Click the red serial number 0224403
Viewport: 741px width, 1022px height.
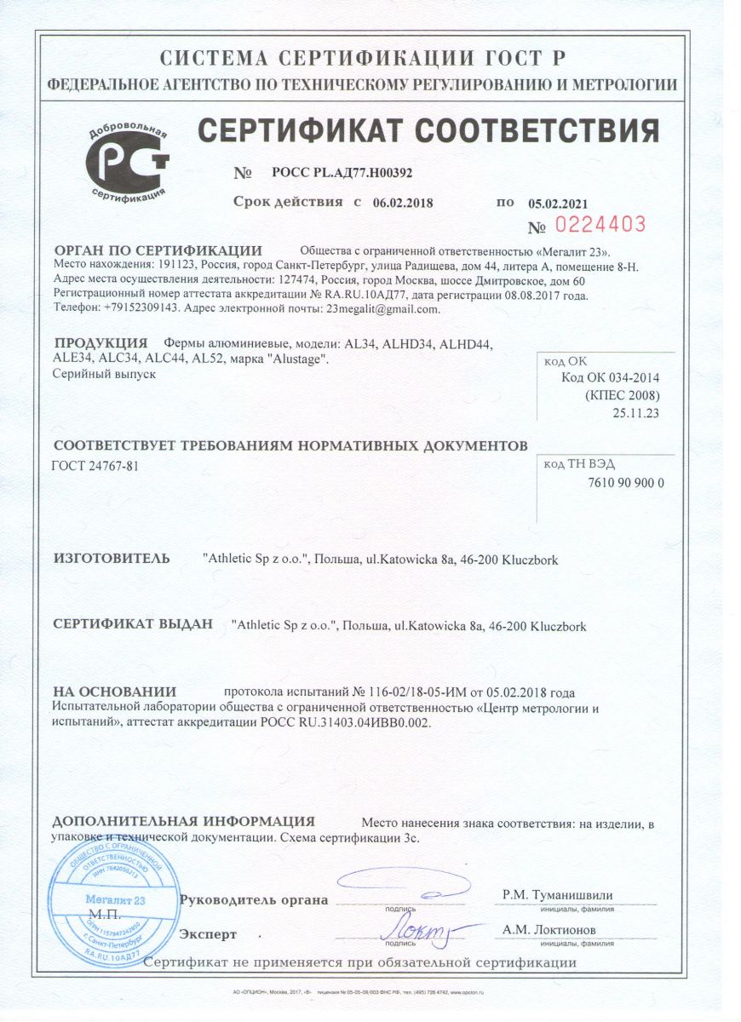click(x=600, y=225)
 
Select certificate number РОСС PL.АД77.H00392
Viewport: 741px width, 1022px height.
click(x=342, y=172)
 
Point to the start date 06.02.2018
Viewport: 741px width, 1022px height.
click(x=400, y=203)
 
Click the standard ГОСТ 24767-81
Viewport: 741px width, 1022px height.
click(x=95, y=468)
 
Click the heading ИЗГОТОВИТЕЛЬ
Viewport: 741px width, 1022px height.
click(x=112, y=559)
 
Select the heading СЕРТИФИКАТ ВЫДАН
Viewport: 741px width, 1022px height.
click(x=133, y=624)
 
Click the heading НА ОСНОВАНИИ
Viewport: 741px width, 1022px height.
click(x=114, y=692)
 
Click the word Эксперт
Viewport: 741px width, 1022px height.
click(x=208, y=934)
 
